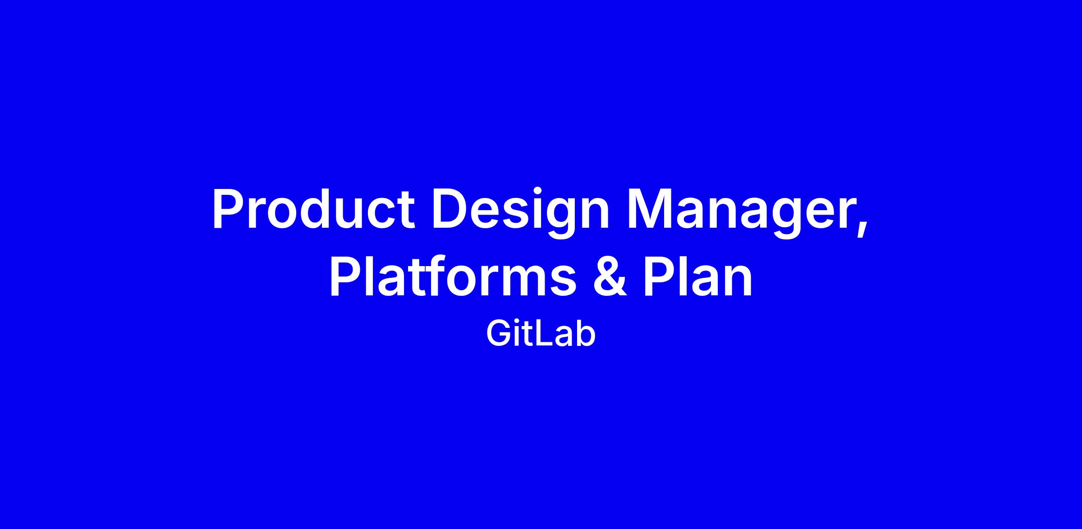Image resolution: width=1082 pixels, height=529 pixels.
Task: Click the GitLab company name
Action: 541,334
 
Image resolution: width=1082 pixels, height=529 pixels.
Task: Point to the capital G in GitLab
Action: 498,334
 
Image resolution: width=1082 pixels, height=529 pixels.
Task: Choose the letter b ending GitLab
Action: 585,334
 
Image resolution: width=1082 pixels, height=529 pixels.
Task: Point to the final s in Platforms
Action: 562,281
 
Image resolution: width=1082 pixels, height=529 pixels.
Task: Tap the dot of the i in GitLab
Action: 518,323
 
